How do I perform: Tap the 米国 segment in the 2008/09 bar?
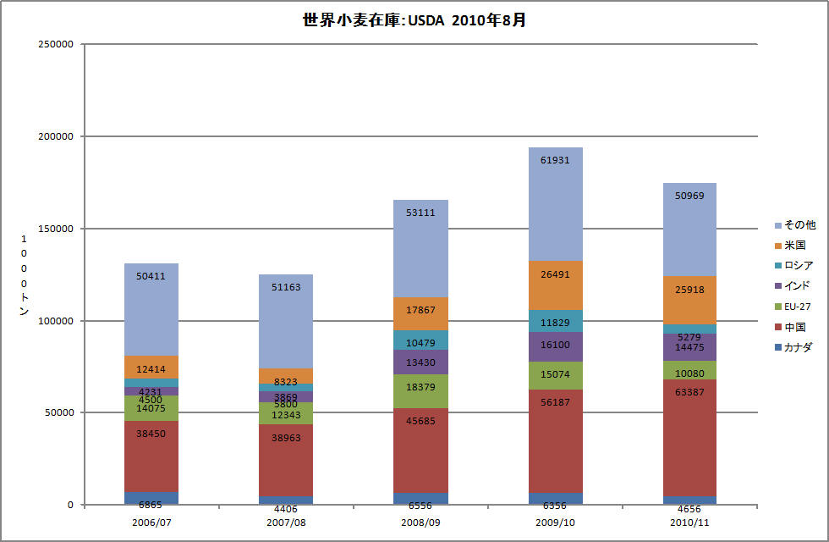pyautogui.click(x=421, y=313)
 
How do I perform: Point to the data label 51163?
pyautogui.click(x=286, y=287)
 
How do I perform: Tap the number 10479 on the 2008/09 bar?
pyautogui.click(x=421, y=343)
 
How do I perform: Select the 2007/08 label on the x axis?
pyautogui.click(x=286, y=523)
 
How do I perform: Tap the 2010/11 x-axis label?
pyautogui.click(x=689, y=523)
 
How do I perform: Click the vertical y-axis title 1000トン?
pyautogui.click(x=23, y=275)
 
